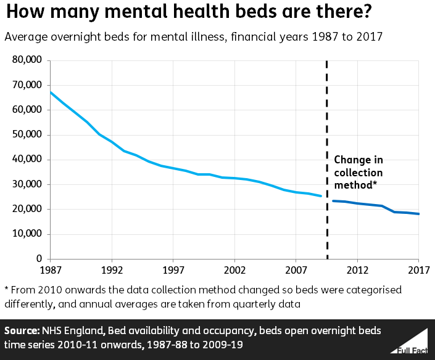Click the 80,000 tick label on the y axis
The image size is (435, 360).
point(27,60)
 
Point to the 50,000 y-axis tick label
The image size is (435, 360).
point(27,135)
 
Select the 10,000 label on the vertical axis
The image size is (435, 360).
point(27,234)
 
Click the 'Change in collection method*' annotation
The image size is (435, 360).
point(358,173)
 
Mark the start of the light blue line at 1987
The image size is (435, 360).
point(51,92)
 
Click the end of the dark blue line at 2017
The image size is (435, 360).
point(419,214)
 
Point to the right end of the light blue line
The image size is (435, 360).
point(321,196)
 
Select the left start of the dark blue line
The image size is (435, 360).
point(333,201)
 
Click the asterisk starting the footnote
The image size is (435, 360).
point(6,290)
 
